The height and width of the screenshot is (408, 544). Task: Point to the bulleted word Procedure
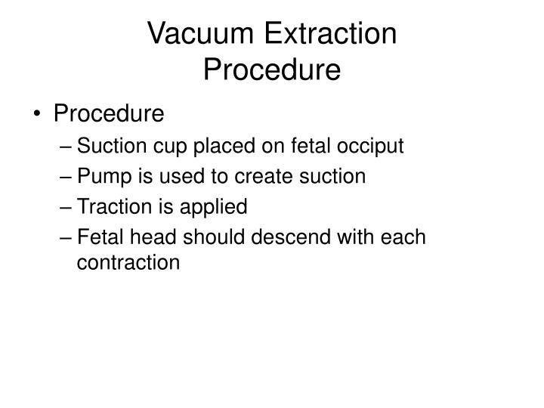108,114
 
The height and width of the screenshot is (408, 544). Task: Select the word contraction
128,263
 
